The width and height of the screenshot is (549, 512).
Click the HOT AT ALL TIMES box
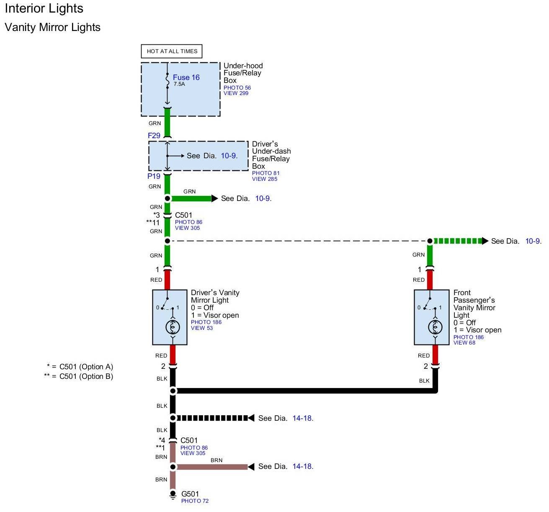point(172,51)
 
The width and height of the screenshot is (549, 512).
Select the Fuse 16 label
point(186,77)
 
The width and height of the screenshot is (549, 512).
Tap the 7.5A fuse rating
point(179,84)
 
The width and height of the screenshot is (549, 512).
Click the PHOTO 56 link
point(237,87)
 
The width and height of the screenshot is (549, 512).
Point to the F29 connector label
point(154,136)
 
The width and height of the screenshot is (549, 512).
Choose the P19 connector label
point(154,176)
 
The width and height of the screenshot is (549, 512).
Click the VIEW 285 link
point(264,179)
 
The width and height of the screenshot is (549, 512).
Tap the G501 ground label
point(190,494)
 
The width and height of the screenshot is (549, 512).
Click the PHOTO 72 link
point(195,501)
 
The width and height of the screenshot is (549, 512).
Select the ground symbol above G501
point(173,494)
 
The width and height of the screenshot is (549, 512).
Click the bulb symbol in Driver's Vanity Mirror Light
point(172,326)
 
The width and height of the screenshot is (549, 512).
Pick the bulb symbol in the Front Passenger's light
point(435,326)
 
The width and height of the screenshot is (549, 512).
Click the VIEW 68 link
point(464,343)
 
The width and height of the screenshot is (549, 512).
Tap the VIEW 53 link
point(202,328)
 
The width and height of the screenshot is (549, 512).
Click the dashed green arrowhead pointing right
point(485,241)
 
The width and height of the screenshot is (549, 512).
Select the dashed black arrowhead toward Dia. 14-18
point(251,418)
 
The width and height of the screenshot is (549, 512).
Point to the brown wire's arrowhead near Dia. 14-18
point(251,466)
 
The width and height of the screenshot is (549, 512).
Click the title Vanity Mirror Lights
point(52,28)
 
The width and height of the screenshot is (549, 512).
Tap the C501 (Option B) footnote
point(79,376)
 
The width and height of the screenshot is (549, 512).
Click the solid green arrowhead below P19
point(214,198)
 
